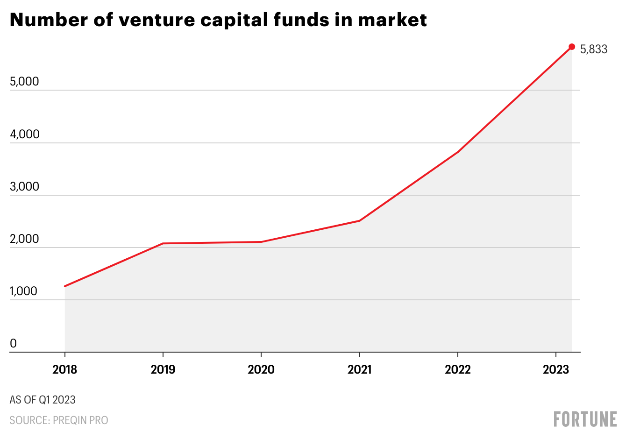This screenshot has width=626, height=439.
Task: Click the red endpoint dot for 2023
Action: [572, 47]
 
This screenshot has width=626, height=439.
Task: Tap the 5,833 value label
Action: [594, 50]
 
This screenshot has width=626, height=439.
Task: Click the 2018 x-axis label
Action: [64, 370]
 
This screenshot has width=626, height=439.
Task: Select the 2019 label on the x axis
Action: [163, 370]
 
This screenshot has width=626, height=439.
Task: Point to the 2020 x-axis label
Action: [261, 370]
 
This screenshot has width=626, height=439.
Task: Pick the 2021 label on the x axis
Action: [359, 370]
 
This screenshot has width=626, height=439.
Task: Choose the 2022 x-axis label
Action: [457, 370]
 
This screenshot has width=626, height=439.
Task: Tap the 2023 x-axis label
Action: [556, 370]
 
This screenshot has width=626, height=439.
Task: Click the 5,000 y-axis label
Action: [24, 82]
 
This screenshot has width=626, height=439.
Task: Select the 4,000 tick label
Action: [24, 135]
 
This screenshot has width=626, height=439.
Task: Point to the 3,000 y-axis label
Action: [24, 187]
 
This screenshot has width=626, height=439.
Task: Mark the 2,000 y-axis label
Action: [24, 239]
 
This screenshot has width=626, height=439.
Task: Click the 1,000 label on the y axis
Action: [23, 291]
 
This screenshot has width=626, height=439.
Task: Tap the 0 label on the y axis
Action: [13, 344]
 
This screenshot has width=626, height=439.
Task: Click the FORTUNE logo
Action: [585, 419]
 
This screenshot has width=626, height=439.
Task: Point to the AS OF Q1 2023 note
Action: [43, 400]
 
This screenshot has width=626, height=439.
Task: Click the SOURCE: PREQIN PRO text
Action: [59, 420]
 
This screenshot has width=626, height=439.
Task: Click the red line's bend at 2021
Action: [359, 220]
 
